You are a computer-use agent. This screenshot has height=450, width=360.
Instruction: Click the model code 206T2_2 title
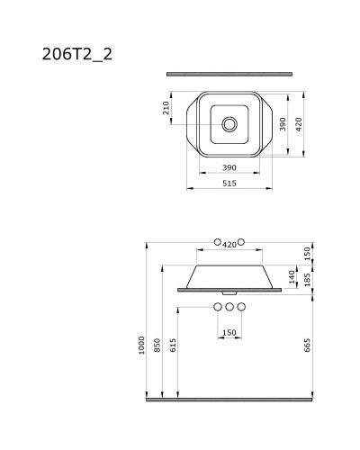76,53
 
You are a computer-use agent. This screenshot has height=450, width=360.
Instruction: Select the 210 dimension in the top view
166,108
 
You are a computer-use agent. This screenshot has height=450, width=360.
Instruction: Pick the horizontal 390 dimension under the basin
229,168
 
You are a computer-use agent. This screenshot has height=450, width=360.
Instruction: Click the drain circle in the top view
229,123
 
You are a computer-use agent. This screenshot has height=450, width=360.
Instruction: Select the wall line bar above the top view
229,73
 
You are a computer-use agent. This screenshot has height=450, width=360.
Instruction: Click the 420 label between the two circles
229,243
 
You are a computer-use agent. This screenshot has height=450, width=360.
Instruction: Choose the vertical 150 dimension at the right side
309,253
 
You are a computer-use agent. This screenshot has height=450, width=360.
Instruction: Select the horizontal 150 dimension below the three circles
229,332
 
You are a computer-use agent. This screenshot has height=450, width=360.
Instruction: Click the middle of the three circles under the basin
229,308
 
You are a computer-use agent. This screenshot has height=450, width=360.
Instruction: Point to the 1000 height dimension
141,345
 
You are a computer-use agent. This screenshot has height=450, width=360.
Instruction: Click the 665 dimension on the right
309,345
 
